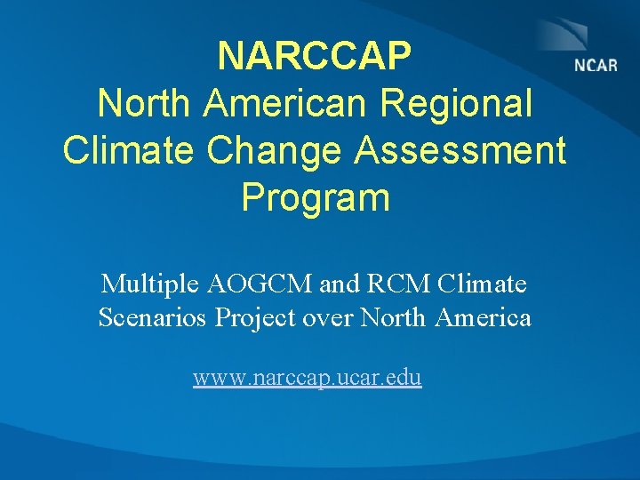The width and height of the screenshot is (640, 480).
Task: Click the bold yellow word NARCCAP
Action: point(315,57)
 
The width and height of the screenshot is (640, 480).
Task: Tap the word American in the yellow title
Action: point(285,104)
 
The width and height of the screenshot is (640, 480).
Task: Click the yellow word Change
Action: point(283,151)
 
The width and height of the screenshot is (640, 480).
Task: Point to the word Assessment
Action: point(460,151)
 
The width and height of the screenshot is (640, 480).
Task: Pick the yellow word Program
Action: point(315,197)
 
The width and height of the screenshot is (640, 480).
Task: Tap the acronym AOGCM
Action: point(260,284)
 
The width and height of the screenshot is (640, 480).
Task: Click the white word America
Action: point(484,317)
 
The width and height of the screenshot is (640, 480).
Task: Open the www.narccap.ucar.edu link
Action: point(308,378)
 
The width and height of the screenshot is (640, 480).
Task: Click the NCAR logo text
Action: point(596,66)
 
